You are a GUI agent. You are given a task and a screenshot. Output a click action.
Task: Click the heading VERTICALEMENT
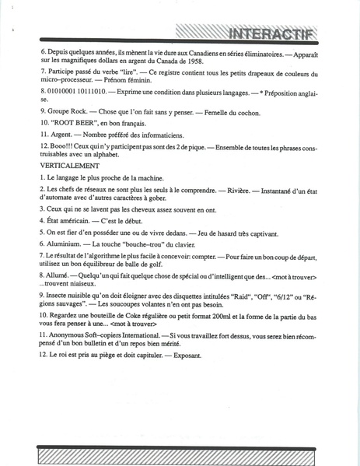coord(69,166)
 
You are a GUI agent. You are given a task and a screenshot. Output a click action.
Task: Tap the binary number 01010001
coord(64,91)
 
